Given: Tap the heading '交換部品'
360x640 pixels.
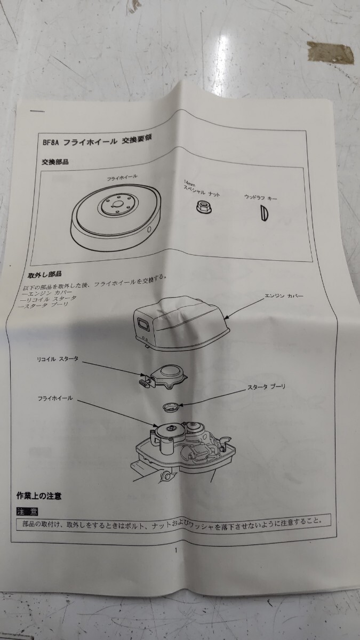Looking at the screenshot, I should tap(55, 162).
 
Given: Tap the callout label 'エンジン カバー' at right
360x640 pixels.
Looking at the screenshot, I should tap(284, 295).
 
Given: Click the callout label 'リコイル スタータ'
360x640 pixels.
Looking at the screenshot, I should tap(59, 359).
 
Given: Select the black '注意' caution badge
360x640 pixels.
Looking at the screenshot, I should tap(28, 511).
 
